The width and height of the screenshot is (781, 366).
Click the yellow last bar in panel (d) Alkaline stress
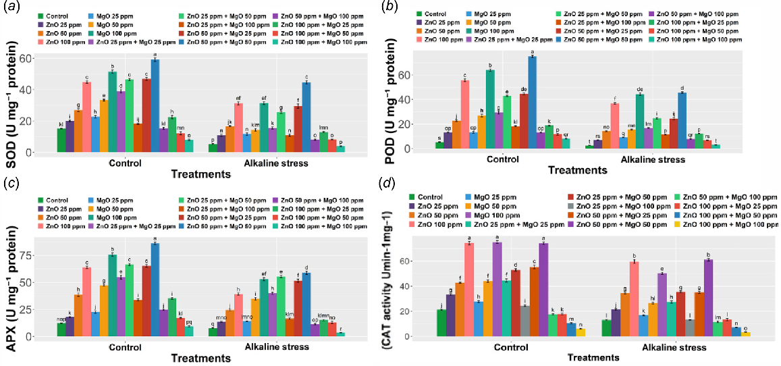tap(746, 334)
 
